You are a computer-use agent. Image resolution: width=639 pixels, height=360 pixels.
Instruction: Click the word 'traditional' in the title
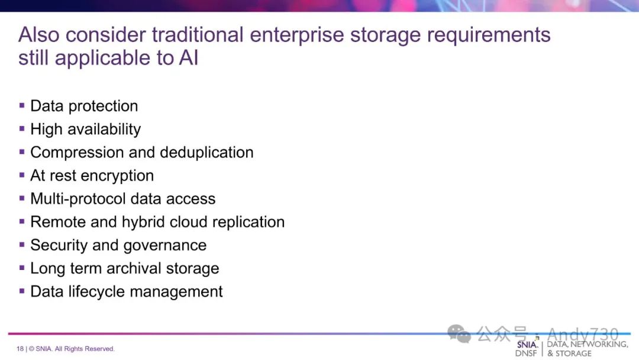[197, 34]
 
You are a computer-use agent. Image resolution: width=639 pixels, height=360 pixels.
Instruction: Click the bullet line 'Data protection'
[84, 106]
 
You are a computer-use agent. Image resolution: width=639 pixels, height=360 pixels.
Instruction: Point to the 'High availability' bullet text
[85, 129]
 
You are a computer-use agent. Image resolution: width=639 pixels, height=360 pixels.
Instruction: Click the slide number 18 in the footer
[20, 349]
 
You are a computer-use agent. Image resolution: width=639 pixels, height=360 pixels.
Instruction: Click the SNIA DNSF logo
[527, 348]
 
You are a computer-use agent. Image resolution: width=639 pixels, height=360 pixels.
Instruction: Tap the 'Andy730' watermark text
[582, 335]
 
